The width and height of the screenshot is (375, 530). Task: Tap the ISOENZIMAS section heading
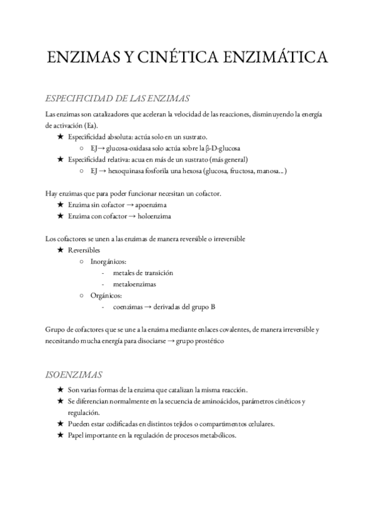(x=74, y=375)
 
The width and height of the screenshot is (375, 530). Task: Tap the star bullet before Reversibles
(x=60, y=250)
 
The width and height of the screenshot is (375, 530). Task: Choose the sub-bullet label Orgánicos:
(x=105, y=295)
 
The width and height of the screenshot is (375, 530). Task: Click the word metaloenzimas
(x=134, y=284)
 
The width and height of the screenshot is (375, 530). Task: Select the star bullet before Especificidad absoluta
(x=60, y=137)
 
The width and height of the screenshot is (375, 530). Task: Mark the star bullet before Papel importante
(x=60, y=435)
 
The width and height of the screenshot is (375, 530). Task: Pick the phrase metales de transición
(x=143, y=272)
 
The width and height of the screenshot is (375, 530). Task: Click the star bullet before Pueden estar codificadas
(x=60, y=424)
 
